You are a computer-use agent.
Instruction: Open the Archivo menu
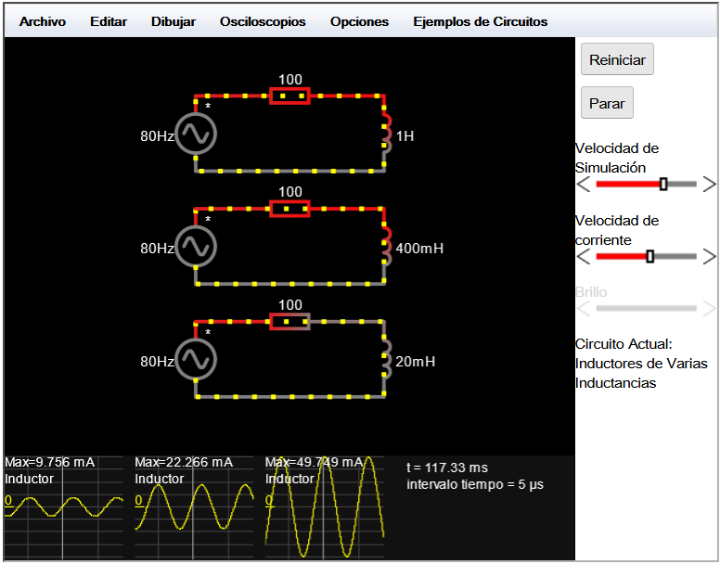tap(43, 21)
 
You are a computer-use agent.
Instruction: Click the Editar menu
tap(109, 21)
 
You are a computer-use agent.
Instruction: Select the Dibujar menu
tap(174, 21)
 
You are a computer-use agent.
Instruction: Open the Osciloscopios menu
tap(263, 21)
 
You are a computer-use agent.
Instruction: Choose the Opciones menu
tap(360, 21)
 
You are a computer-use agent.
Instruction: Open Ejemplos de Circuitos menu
tap(481, 21)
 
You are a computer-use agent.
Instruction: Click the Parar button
tap(607, 103)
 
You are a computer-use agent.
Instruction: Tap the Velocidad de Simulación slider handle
tap(663, 184)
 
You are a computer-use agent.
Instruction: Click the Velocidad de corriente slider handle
tap(650, 256)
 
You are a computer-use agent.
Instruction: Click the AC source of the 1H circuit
tap(196, 134)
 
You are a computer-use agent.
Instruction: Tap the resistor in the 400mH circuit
tap(289, 209)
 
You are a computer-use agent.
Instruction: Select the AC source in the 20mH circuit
tap(196, 359)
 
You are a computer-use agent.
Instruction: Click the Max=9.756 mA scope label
tap(49, 462)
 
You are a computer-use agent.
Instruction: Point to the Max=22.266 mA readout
tap(184, 462)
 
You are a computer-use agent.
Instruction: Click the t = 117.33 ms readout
tap(447, 468)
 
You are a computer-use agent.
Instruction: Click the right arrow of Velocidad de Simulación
tap(710, 185)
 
